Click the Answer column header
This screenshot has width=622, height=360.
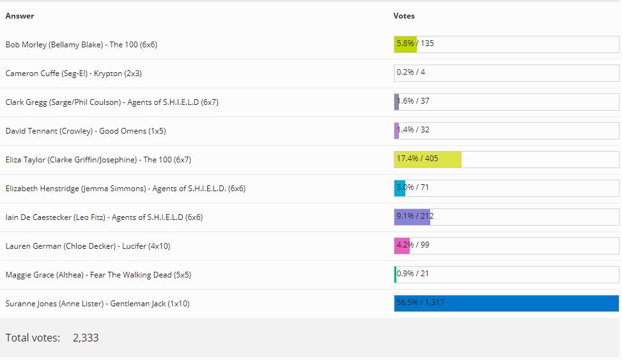click(20, 16)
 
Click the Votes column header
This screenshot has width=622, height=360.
click(404, 16)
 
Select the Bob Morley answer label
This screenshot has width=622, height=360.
click(81, 45)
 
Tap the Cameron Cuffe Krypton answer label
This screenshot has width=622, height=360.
click(74, 74)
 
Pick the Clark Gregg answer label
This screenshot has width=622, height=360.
click(112, 102)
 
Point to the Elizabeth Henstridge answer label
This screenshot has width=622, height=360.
click(125, 189)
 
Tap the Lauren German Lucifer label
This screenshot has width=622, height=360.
click(88, 246)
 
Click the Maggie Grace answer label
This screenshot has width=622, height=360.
click(98, 275)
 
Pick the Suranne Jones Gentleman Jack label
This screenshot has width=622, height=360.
click(97, 304)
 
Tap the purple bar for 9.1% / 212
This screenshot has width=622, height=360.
click(412, 217)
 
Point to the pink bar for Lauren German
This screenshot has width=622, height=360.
click(402, 246)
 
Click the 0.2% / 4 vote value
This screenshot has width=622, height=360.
click(411, 72)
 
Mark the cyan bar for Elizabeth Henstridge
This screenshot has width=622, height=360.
click(400, 188)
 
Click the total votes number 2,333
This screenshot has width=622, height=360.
click(86, 338)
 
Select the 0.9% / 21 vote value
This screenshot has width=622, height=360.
click(413, 274)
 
